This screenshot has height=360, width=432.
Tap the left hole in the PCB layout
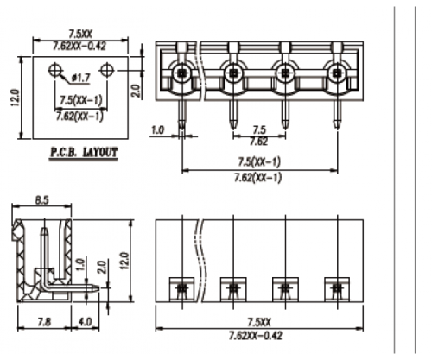tap(56, 69)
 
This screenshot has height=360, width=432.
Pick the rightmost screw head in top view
tap(334, 75)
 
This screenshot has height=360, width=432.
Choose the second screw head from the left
tap(232, 75)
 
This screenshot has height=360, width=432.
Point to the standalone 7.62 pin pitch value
tap(258, 140)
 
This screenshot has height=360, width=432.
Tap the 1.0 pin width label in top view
tap(157, 130)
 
